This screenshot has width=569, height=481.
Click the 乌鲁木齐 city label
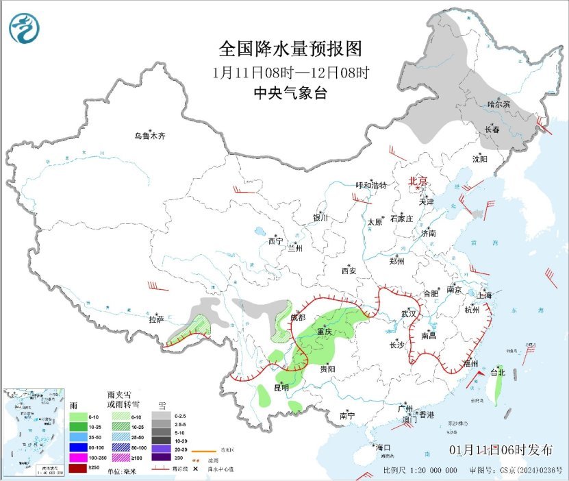click(149, 136)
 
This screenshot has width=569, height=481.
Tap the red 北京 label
click(418, 181)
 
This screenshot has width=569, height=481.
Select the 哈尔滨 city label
click(499, 104)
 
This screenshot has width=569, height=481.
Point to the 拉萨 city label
click(157, 319)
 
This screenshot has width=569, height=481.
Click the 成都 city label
click(298, 317)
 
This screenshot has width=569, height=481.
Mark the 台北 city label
click(497, 373)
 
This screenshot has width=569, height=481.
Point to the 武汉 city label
click(409, 312)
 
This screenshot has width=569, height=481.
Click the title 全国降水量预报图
click(290, 49)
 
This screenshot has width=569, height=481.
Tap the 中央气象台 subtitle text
click(290, 93)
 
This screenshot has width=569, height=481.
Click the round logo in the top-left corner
click(25, 28)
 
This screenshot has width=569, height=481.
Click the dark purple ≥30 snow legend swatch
click(162, 456)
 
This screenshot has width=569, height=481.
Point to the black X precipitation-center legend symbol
click(195, 469)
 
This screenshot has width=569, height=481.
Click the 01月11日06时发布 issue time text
click(501, 450)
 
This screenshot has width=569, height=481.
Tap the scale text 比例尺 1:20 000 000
click(420, 471)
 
